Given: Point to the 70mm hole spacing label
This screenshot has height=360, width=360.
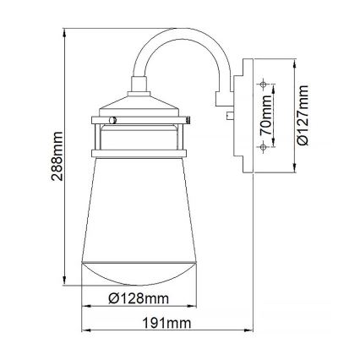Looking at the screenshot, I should tap(266, 116).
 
